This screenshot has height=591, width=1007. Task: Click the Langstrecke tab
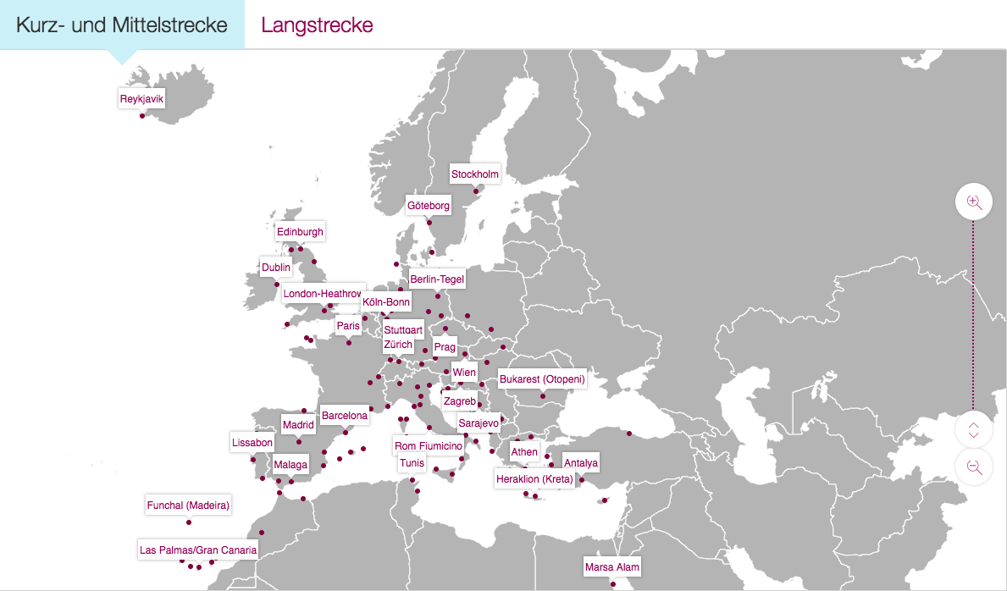(x=317, y=25)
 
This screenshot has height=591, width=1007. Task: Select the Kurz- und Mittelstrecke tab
(x=122, y=25)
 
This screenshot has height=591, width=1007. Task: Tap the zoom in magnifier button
(x=973, y=202)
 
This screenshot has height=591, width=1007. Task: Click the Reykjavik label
(x=141, y=99)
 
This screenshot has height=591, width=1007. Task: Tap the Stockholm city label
(x=474, y=174)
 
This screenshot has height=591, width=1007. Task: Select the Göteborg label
(x=429, y=206)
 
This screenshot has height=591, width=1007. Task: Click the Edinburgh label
(x=300, y=232)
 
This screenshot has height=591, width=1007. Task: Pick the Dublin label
(x=276, y=268)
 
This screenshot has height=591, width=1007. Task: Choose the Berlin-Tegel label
(x=437, y=279)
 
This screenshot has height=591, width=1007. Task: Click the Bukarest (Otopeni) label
(x=542, y=379)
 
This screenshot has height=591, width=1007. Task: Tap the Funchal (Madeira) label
(x=188, y=505)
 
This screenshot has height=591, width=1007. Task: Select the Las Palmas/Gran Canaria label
(x=197, y=550)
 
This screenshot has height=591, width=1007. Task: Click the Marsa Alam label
(x=612, y=567)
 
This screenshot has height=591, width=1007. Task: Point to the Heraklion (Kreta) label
(x=534, y=479)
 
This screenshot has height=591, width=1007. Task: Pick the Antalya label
(x=581, y=463)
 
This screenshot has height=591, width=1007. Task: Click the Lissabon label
(x=252, y=443)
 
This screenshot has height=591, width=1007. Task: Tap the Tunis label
(x=412, y=463)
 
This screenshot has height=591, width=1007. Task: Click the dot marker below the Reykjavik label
(x=142, y=115)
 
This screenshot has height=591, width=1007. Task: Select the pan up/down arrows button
(x=973, y=429)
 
